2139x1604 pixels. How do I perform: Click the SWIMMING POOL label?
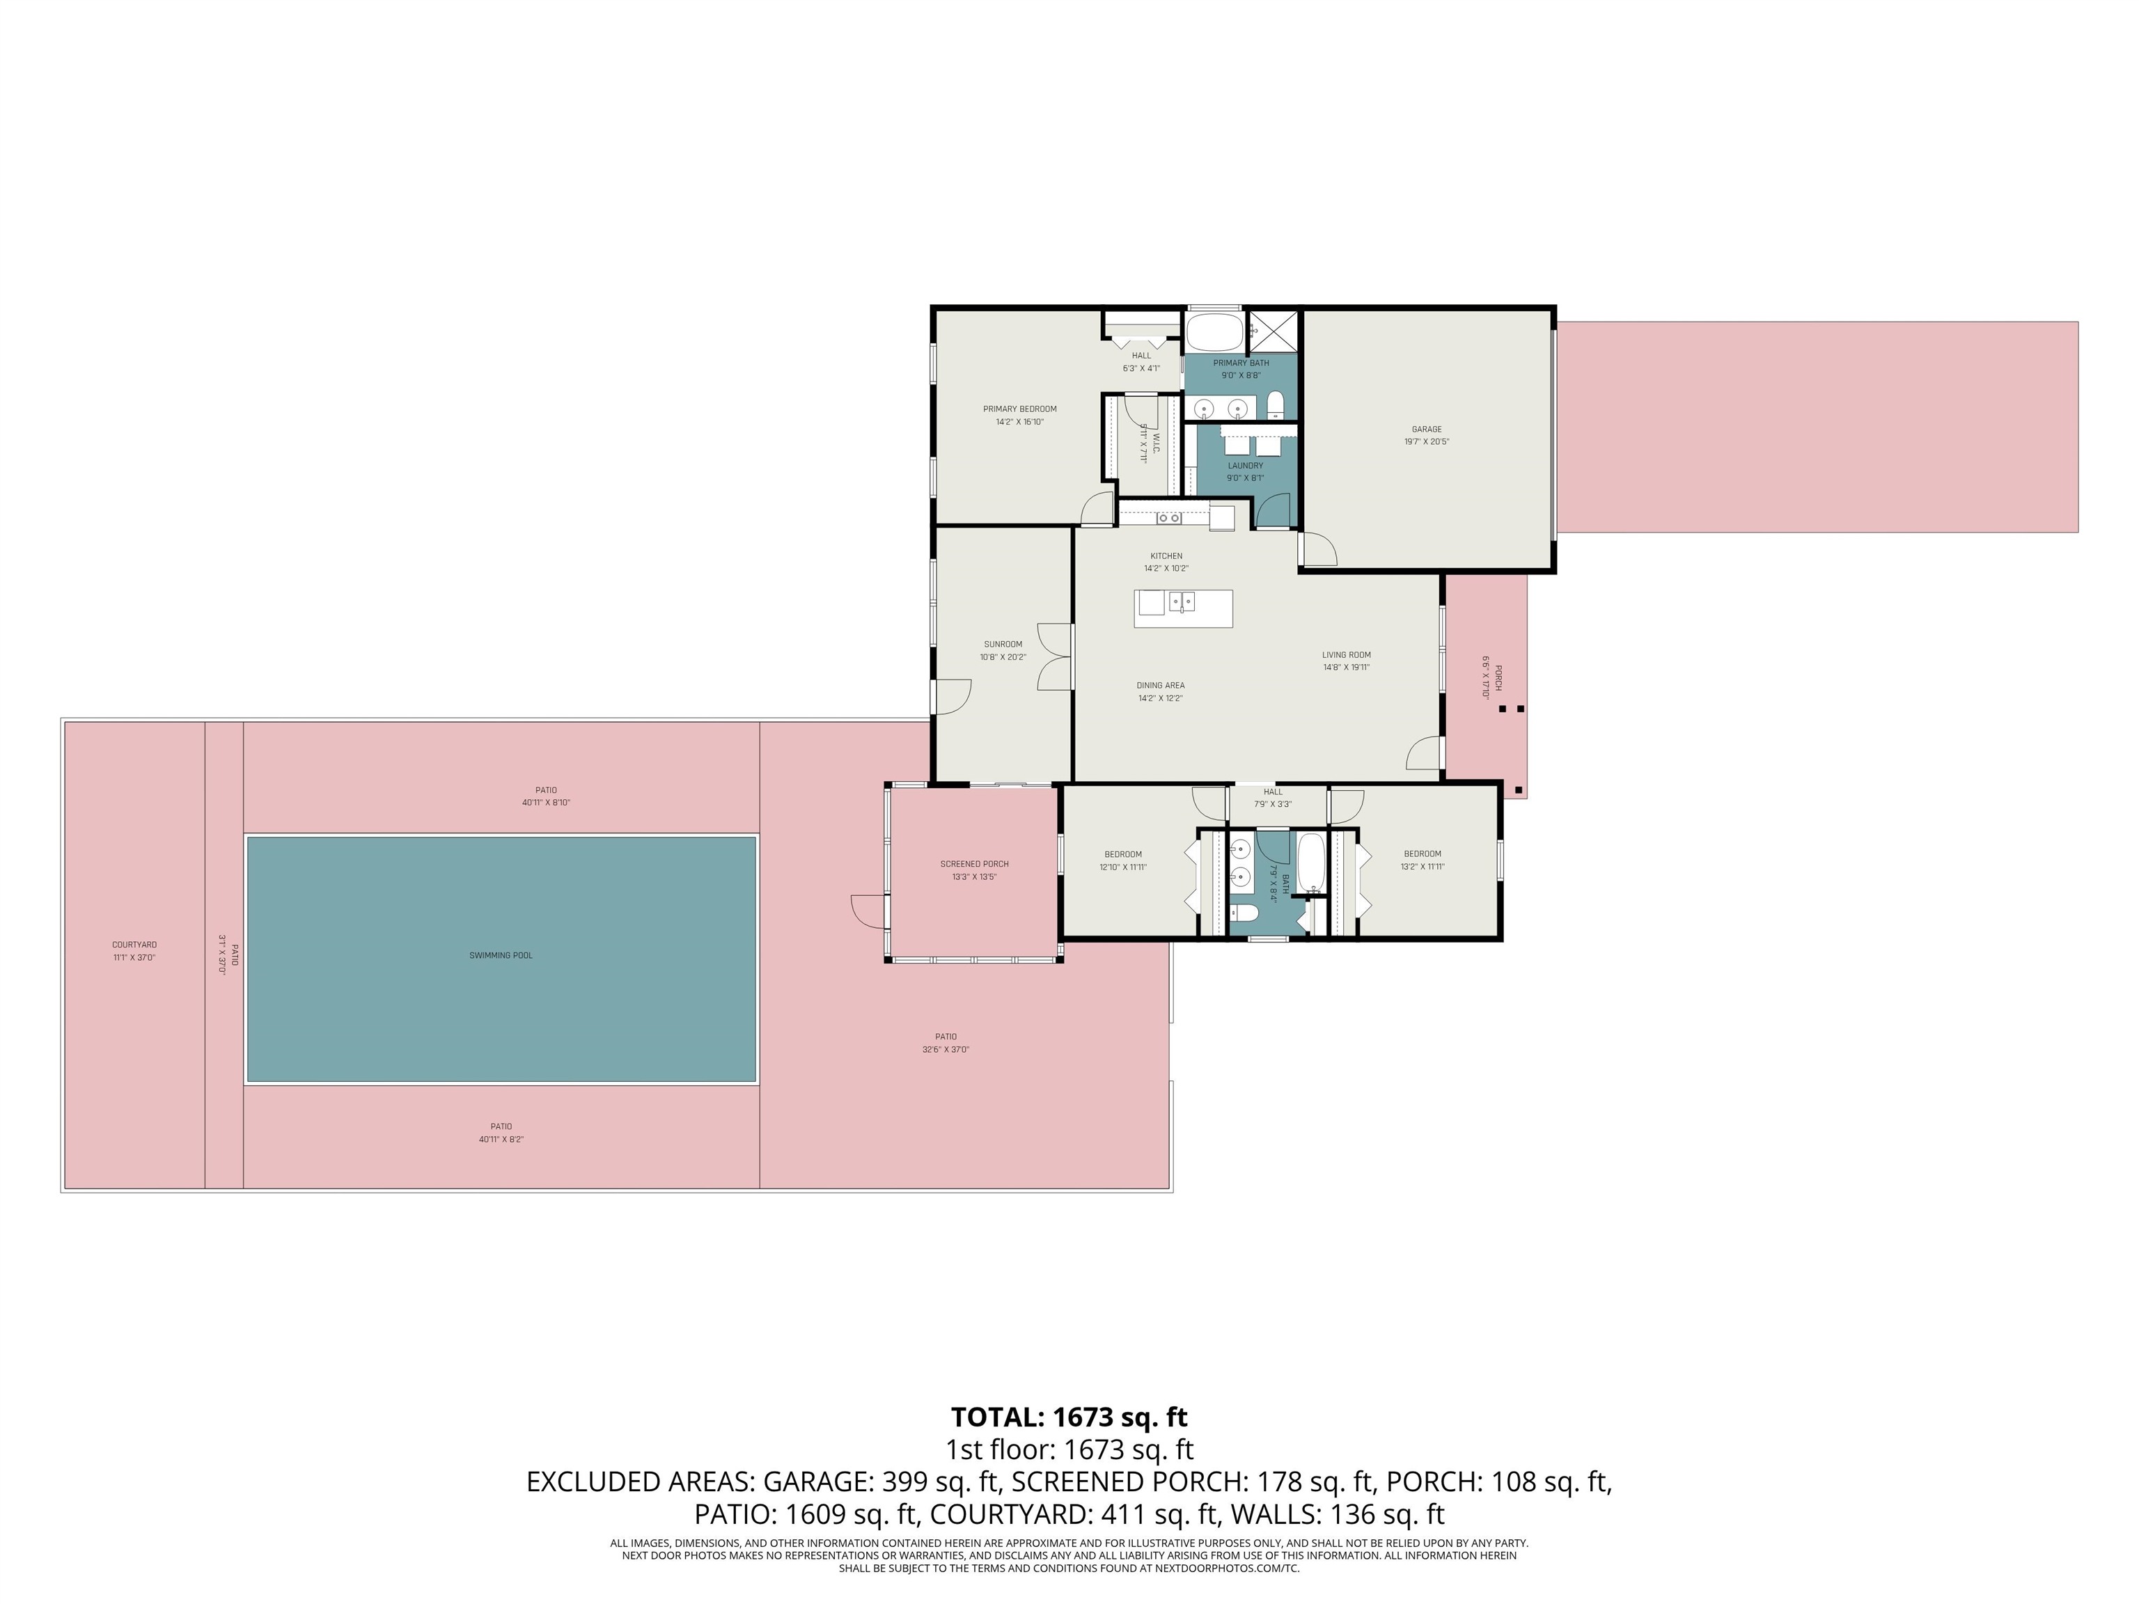pos(501,955)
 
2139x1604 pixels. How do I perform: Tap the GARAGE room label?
pos(1426,430)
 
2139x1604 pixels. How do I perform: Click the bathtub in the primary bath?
pos(1214,333)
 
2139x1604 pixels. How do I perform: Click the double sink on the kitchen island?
pos(1182,602)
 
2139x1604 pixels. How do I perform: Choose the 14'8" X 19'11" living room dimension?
pos(1346,667)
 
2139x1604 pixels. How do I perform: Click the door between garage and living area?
pos(1317,549)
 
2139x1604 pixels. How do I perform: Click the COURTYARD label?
pos(134,945)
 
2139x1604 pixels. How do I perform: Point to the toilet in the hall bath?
pos(1244,913)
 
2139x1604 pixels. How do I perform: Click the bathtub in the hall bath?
pos(1311,863)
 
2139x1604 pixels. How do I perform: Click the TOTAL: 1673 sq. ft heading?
pos(1069,1417)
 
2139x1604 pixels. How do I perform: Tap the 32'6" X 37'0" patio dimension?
pos(945,1049)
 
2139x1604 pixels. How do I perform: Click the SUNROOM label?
pos(1003,644)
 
